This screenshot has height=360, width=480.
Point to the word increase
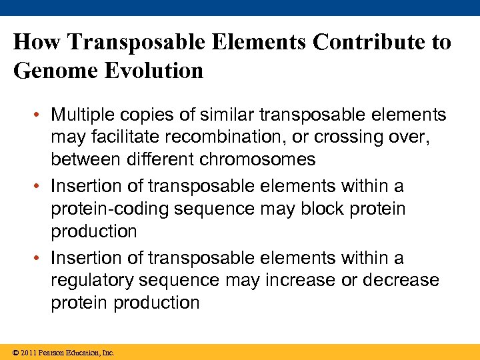tap(303, 280)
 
